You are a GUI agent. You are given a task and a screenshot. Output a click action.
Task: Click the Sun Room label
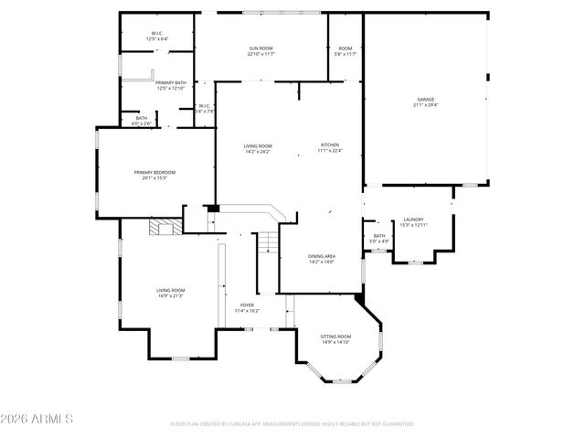click(261, 48)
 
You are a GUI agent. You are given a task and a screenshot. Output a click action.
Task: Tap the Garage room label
click(425, 99)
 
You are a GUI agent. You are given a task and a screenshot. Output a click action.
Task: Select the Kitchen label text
click(329, 145)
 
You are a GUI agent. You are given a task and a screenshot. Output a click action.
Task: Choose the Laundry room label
click(412, 219)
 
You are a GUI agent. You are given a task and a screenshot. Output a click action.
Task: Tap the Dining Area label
click(321, 256)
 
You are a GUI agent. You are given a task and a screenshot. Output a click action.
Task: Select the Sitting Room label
click(335, 337)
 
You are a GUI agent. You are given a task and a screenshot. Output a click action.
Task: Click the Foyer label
click(247, 305)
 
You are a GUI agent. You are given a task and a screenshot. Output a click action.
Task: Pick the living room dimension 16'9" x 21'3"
click(171, 295)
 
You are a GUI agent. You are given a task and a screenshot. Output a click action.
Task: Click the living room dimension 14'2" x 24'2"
click(258, 151)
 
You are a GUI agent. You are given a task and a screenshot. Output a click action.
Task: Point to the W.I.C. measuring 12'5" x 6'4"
click(157, 39)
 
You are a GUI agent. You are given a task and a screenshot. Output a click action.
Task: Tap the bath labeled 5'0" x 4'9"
click(378, 241)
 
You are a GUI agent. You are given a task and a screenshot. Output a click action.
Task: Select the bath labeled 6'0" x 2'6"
click(142, 123)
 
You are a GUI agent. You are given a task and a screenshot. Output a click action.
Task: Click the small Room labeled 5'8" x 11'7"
click(346, 53)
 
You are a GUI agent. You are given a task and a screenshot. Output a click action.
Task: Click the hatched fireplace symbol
click(165, 227)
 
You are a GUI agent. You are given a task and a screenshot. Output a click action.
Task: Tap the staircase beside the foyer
click(267, 242)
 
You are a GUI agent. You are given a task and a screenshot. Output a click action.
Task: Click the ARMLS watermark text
click(37, 419)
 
